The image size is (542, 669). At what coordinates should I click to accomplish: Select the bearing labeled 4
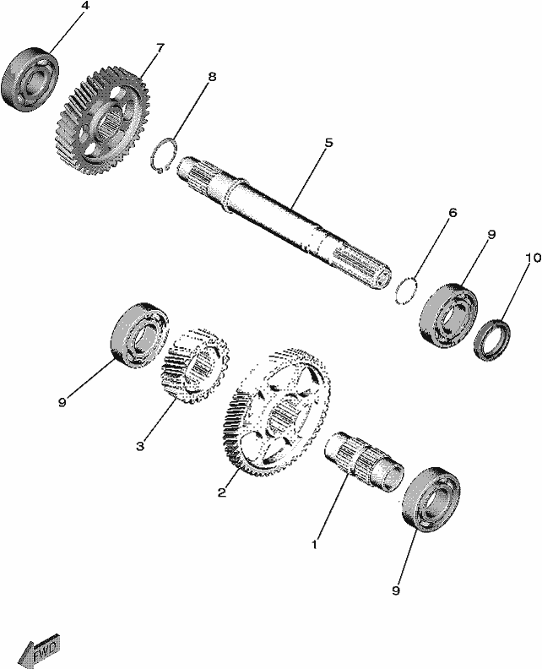click(x=30, y=80)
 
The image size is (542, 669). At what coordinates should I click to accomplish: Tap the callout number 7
click(x=160, y=48)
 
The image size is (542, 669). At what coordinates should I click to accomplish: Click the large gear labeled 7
click(x=103, y=120)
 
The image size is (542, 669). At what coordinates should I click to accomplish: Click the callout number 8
click(x=212, y=77)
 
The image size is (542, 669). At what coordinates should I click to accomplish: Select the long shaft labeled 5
click(x=283, y=223)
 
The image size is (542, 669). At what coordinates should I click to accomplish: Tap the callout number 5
click(x=328, y=143)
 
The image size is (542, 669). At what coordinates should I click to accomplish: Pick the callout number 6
click(x=453, y=212)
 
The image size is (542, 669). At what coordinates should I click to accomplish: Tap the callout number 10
click(x=533, y=258)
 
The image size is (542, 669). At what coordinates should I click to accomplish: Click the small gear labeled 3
click(x=196, y=366)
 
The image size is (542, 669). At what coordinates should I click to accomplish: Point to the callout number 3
click(x=140, y=446)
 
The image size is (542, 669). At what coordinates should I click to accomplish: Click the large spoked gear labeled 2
click(x=276, y=411)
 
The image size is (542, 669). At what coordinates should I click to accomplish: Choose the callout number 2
click(x=222, y=492)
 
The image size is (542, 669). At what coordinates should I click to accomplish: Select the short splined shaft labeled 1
click(x=365, y=461)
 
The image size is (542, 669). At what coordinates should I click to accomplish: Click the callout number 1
click(x=315, y=545)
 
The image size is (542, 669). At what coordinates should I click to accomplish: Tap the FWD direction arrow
click(x=39, y=651)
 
